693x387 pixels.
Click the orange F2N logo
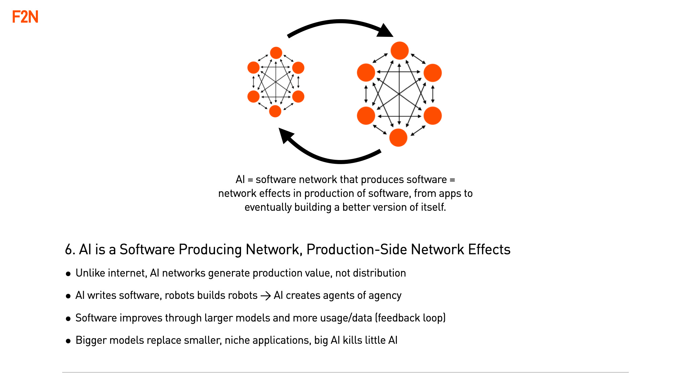pos(25,17)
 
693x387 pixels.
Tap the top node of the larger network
pos(400,51)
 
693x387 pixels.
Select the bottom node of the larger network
pos(398,137)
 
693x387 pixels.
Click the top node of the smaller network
pos(276,53)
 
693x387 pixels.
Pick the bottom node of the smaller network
pos(275,111)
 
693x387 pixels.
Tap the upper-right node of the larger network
pos(433,73)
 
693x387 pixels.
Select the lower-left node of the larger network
pos(366,115)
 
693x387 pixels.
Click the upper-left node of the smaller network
pos(254,68)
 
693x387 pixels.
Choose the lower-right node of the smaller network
pos(298,97)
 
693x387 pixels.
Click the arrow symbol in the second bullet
pos(266,296)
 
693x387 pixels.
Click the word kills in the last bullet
pos(352,340)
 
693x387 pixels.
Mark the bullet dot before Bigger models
pos(68,341)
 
